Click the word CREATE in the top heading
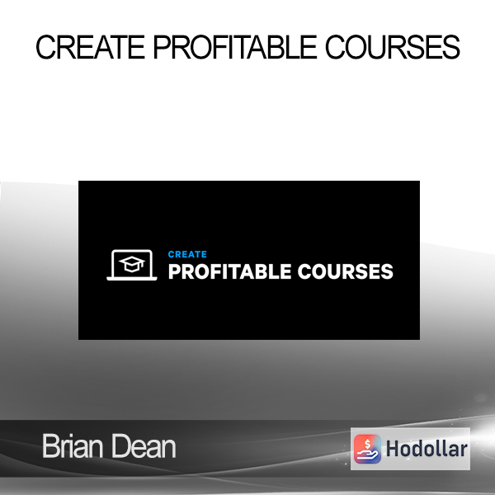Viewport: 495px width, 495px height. pyautogui.click(x=90, y=47)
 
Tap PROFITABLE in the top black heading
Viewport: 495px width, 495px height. pyautogui.click(x=235, y=47)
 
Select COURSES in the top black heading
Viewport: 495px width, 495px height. pyautogui.click(x=393, y=47)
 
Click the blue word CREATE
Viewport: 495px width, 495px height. pyautogui.click(x=187, y=254)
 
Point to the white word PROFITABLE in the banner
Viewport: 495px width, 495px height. pyautogui.click(x=229, y=271)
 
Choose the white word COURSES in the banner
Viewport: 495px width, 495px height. pyautogui.click(x=346, y=271)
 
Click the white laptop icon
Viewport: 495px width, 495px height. pyautogui.click(x=132, y=265)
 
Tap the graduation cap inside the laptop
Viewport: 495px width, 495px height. pyautogui.click(x=132, y=264)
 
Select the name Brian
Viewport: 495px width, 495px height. pyautogui.click(x=73, y=446)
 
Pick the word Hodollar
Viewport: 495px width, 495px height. pyautogui.click(x=427, y=449)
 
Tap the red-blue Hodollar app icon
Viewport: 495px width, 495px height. pyautogui.click(x=367, y=449)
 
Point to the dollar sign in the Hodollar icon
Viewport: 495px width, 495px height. pyautogui.click(x=367, y=445)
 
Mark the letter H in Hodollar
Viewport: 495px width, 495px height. pyautogui.click(x=393, y=449)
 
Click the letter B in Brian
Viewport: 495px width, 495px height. pyautogui.click(x=50, y=446)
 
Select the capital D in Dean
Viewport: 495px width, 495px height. pyautogui.click(x=119, y=446)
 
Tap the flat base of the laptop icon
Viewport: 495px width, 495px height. pyautogui.click(x=132, y=279)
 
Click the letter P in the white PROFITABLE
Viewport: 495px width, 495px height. pyautogui.click(x=175, y=271)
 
